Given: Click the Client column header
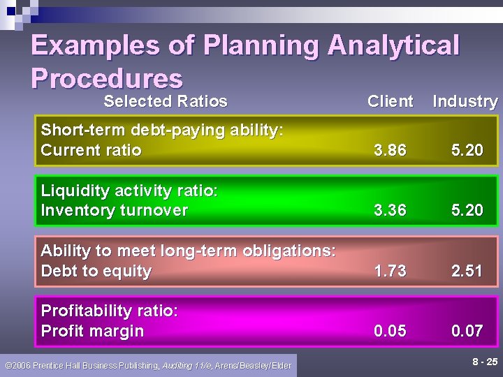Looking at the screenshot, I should pos(390,101).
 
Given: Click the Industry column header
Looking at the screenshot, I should pos(465,101).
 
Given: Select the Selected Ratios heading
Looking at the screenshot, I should pos(166,101).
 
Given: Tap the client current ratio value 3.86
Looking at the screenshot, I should pos(390,150).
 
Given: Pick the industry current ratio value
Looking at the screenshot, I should pos(467,150).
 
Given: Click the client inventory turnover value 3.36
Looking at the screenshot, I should pos(390,210).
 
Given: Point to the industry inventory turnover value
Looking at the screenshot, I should pos(467,210).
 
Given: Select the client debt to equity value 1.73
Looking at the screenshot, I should pos(390,271).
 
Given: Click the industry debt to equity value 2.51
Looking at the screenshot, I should pos(467,271).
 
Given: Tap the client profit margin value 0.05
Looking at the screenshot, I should pos(390,331).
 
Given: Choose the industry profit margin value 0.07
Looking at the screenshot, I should pos(467,331).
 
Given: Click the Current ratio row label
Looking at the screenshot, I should pos(92,150).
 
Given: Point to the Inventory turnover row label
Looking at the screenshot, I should pos(115,210).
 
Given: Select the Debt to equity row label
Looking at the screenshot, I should pos(96,271).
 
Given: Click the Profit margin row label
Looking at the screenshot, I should pos(92,331).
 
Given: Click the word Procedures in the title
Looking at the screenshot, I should pos(106,78).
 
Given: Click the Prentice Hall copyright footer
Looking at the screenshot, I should pos(148,365).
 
